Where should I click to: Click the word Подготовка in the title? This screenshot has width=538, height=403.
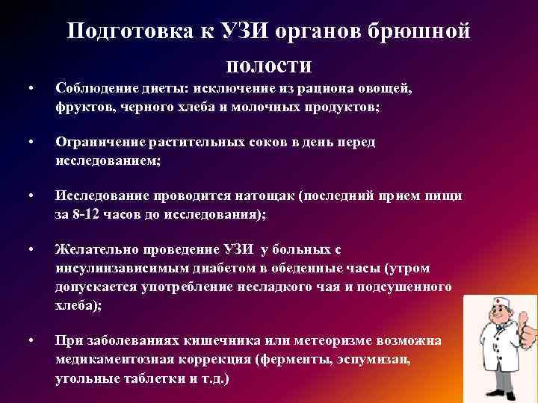pos(130,31)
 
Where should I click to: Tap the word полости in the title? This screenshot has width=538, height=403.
pos(269,66)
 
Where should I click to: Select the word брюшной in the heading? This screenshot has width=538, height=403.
pos(418,31)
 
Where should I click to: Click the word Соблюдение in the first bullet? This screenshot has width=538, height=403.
pos(96,88)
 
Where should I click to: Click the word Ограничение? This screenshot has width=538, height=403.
pos(100,142)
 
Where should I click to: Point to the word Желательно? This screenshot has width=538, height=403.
pos(96,249)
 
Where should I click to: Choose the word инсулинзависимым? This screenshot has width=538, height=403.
pos(122,269)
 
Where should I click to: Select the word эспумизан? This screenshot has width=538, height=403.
pos(374,360)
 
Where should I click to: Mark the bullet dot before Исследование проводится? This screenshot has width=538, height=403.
pos(31,196)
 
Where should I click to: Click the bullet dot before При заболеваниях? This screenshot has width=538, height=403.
pos(31,340)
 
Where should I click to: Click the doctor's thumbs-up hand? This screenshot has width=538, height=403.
pos(527,329)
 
